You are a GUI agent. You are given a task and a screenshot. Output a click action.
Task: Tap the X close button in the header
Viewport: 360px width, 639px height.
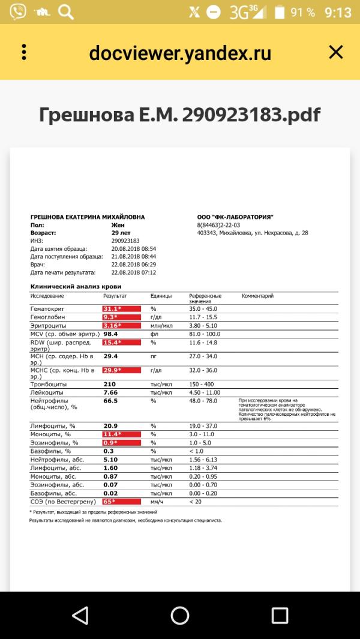pyautogui.click(x=335, y=53)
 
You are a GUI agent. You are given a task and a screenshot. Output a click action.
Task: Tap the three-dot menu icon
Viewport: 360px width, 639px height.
pyautogui.click(x=24, y=52)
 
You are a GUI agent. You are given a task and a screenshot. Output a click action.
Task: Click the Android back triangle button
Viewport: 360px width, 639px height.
pyautogui.click(x=79, y=614)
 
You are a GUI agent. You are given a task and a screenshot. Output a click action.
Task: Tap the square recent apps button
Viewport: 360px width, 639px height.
pyautogui.click(x=280, y=614)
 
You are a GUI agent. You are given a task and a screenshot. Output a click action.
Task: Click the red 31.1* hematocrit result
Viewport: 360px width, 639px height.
pyautogui.click(x=121, y=308)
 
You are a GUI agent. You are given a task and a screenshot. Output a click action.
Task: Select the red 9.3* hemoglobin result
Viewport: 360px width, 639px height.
pyautogui.click(x=121, y=317)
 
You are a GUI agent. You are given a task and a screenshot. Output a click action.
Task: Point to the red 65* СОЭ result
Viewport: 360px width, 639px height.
pyautogui.click(x=121, y=502)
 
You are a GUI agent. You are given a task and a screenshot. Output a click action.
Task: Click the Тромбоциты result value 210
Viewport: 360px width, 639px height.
pyautogui.click(x=110, y=384)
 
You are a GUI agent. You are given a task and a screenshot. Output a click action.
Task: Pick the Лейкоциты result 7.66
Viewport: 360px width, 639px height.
pyautogui.click(x=111, y=392)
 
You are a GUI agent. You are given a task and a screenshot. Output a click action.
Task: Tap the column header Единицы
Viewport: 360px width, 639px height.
pyautogui.click(x=161, y=296)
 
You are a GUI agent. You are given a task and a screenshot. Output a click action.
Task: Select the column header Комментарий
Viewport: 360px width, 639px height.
pyautogui.click(x=257, y=296)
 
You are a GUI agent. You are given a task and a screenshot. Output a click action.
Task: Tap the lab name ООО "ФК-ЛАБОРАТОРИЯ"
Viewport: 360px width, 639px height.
pyautogui.click(x=235, y=217)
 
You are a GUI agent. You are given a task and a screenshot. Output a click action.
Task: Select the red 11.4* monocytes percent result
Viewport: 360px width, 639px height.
pyautogui.click(x=121, y=434)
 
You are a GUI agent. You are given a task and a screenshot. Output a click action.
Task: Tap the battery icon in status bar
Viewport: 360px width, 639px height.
pyautogui.click(x=280, y=12)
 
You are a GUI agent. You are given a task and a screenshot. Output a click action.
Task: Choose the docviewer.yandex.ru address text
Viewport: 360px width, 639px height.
pyautogui.click(x=180, y=53)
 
